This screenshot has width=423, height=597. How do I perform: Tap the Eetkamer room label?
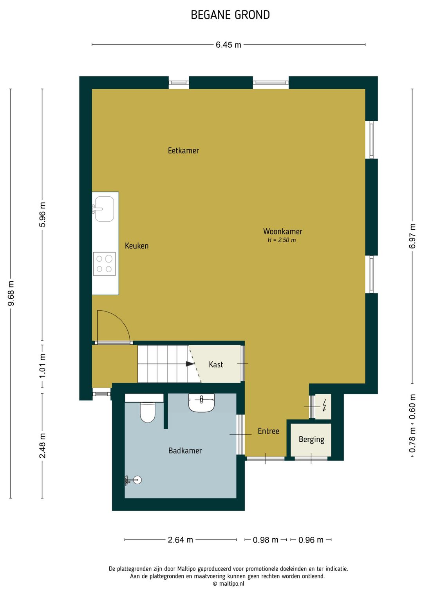pyautogui.click(x=183, y=151)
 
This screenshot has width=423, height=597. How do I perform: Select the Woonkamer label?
pyautogui.click(x=283, y=231)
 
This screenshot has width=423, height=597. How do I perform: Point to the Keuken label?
pyautogui.click(x=137, y=245)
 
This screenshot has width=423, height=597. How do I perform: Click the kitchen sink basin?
pyautogui.click(x=104, y=209)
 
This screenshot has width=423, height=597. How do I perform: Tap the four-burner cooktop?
pyautogui.click(x=104, y=264)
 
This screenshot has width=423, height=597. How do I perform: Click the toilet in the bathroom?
pyautogui.click(x=148, y=413)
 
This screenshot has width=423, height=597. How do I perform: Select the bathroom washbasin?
pyautogui.click(x=201, y=403)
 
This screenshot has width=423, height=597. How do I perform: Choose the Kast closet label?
pyautogui.click(x=216, y=364)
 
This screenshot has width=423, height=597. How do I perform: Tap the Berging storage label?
pyautogui.click(x=311, y=439)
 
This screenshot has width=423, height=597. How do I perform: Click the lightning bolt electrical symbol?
pyautogui.click(x=324, y=405)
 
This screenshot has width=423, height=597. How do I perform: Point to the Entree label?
pyautogui.click(x=268, y=431)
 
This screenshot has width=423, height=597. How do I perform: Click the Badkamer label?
pyautogui.click(x=185, y=451)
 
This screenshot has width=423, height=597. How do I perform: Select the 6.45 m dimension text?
pyautogui.click(x=228, y=45)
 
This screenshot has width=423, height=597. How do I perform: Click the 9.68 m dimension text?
pyautogui.click(x=11, y=293)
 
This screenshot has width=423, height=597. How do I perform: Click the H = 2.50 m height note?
pyautogui.click(x=282, y=240)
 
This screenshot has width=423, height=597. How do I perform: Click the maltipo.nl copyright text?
pyautogui.click(x=228, y=583)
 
